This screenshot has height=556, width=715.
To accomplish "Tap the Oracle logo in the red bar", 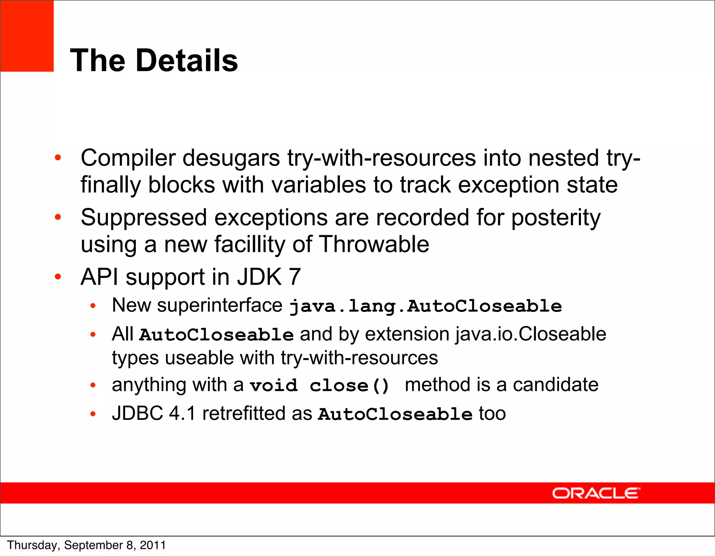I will coord(596,493).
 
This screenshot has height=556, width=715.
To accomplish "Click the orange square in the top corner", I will coord(27,36).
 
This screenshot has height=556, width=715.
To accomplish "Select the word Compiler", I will coord(128,158).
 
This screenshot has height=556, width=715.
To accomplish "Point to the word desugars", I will coord(231,158).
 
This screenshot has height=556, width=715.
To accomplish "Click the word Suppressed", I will coord(144,218).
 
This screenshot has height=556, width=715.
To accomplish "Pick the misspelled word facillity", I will coord(250,244).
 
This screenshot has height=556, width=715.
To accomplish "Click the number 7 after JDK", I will coord(295,277).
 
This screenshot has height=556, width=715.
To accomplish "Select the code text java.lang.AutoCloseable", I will coord(426,306).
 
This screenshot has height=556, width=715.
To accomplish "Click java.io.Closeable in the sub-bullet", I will coord(531,334).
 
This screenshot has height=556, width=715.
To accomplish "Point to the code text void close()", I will coord(319,386).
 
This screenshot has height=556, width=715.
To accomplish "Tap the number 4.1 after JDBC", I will coord(182,414).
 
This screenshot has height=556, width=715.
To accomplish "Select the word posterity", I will coord(556,218).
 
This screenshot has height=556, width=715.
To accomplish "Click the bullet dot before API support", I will coord(58,277).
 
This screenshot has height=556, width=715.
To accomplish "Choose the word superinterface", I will coord(220,305).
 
